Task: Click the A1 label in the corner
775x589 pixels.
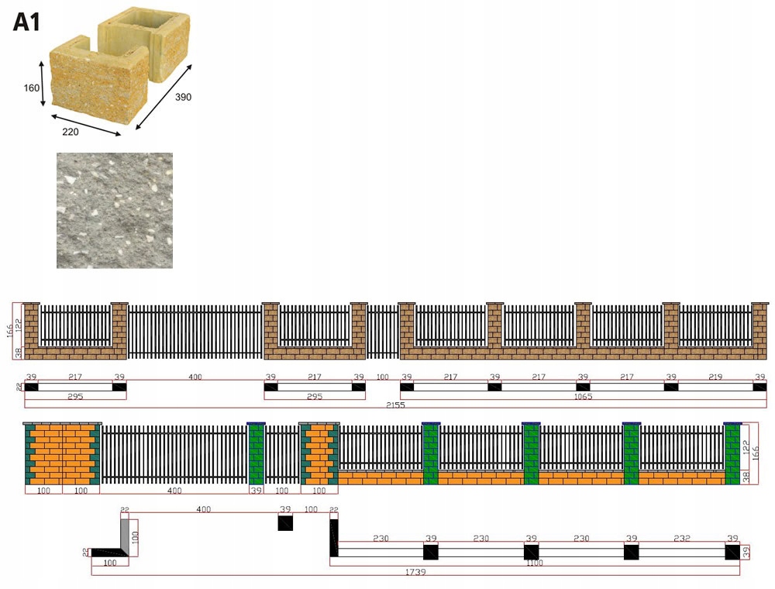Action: [x=26, y=21]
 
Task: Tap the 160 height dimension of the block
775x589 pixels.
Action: [x=31, y=88]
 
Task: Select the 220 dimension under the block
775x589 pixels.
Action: [x=71, y=132]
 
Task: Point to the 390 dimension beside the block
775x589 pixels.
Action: [x=183, y=97]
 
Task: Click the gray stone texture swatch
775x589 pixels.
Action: [x=115, y=210]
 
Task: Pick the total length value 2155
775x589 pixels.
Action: [x=396, y=405]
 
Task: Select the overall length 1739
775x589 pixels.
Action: [x=415, y=572]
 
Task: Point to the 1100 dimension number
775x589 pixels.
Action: [x=535, y=563]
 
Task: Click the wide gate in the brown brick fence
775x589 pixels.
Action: [x=195, y=332]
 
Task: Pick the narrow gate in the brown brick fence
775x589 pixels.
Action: [x=383, y=331]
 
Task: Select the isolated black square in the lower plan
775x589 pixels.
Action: [x=286, y=523]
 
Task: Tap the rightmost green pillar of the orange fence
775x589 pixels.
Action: [x=732, y=454]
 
